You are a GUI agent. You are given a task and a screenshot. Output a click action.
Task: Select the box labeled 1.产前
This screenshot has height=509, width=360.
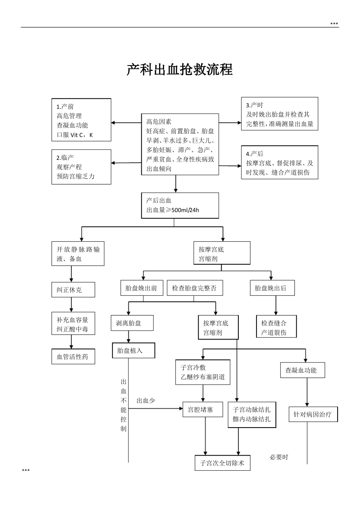[81, 120]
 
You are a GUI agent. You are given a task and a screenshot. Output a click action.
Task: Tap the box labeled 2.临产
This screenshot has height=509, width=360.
[81, 167]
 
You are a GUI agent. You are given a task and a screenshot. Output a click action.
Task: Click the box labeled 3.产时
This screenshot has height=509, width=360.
[279, 114]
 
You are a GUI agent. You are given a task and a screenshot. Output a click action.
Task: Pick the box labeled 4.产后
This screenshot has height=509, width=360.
[279, 162]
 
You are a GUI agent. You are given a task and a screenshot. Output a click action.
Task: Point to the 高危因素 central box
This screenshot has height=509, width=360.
[180, 144]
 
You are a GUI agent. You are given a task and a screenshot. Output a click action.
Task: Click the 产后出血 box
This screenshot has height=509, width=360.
[180, 205]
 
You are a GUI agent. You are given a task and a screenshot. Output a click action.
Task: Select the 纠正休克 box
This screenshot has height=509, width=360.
[73, 290]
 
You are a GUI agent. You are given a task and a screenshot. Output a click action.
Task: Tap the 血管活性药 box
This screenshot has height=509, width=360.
[73, 356]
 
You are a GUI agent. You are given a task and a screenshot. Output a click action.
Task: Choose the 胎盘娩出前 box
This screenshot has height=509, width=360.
[141, 288]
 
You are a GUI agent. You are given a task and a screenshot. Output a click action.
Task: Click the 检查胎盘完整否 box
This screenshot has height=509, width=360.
[194, 288]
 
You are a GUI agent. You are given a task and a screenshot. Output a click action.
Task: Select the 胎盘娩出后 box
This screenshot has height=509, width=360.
[272, 288]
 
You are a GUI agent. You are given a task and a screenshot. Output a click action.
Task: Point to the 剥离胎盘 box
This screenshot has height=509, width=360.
[132, 323]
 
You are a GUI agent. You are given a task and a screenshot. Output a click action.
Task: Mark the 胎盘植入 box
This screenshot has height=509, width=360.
[133, 350]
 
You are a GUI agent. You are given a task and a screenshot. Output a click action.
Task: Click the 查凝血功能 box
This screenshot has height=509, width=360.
[302, 370]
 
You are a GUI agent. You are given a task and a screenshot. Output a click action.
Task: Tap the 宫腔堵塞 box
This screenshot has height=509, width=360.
[202, 409]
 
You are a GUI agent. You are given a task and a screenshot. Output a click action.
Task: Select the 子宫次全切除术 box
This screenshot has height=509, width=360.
[222, 463]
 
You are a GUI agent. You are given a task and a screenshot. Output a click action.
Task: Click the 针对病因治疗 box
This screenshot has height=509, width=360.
[313, 414]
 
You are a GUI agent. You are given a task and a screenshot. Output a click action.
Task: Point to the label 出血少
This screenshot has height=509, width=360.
[146, 400]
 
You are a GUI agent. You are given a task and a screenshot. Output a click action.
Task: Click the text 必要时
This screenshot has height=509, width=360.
[279, 457]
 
